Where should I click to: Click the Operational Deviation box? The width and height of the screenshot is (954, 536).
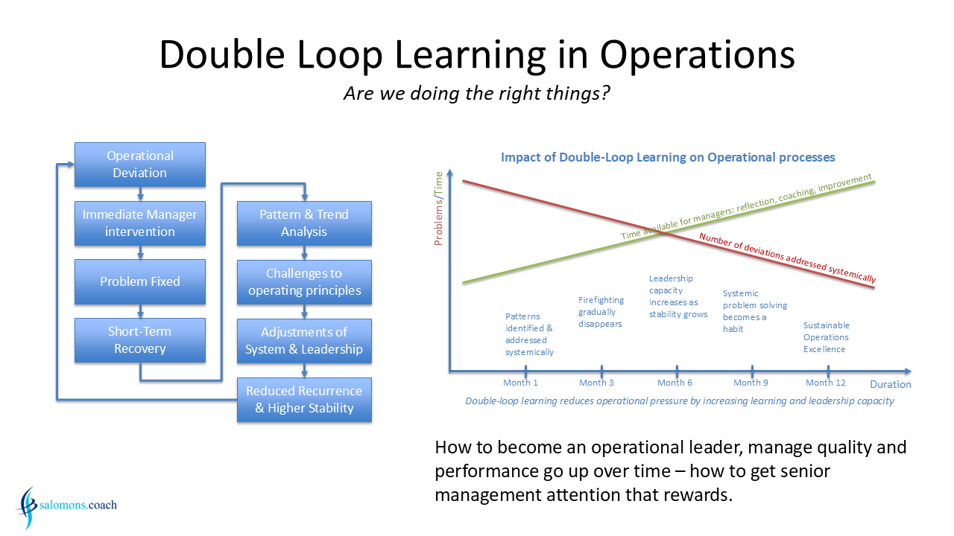click(x=139, y=165)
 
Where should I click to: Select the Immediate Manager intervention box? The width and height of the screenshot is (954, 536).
click(x=139, y=223)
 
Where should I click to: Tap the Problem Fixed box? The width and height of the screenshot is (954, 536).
click(x=139, y=281)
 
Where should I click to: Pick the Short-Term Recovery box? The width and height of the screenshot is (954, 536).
click(x=139, y=340)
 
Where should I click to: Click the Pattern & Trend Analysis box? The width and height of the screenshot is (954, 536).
click(x=304, y=223)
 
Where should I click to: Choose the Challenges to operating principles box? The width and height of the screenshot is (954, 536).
click(x=304, y=282)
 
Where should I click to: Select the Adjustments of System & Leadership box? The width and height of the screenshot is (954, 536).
click(x=304, y=341)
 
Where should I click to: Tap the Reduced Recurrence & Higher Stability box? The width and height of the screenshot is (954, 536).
click(x=304, y=400)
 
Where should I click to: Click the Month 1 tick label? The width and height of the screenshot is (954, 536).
click(x=520, y=383)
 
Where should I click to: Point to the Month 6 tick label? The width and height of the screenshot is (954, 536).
click(x=675, y=383)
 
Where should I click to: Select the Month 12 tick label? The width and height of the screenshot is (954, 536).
click(x=825, y=383)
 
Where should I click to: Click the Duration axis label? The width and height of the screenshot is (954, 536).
click(x=890, y=385)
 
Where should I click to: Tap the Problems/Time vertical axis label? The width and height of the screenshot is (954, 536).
click(x=438, y=208)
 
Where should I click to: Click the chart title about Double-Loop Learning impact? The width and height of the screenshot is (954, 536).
click(x=668, y=157)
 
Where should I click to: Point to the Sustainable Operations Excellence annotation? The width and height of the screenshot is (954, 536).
click(x=827, y=337)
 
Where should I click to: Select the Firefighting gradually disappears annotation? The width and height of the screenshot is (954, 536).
click(x=601, y=312)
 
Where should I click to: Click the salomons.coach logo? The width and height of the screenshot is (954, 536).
click(x=66, y=506)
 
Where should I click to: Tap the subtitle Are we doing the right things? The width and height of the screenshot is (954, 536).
click(x=476, y=93)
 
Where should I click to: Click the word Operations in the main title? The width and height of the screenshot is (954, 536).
click(x=697, y=54)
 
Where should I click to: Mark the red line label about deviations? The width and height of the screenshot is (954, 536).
click(x=788, y=258)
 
